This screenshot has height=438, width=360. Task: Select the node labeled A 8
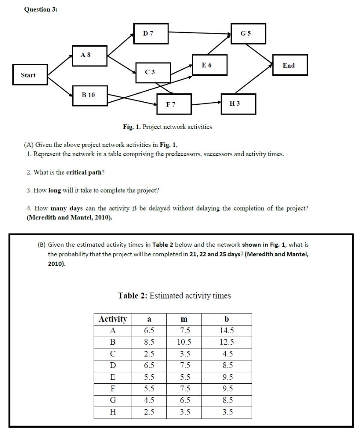[89, 56]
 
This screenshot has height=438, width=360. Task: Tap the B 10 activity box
[89, 95]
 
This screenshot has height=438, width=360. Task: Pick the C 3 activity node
[153, 72]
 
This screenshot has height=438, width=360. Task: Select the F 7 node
[174, 104]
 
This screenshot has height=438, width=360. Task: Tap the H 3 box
[238, 104]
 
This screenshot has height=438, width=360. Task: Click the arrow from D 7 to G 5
[199, 33]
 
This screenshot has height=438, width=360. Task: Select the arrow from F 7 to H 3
[207, 103]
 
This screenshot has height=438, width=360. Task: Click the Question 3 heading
[41, 10]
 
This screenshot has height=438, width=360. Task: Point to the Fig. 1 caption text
[167, 127]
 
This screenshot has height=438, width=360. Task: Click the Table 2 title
[174, 296]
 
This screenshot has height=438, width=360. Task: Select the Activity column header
[113, 319]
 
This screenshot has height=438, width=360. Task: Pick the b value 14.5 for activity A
[227, 331]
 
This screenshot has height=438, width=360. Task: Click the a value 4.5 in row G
[149, 401]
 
